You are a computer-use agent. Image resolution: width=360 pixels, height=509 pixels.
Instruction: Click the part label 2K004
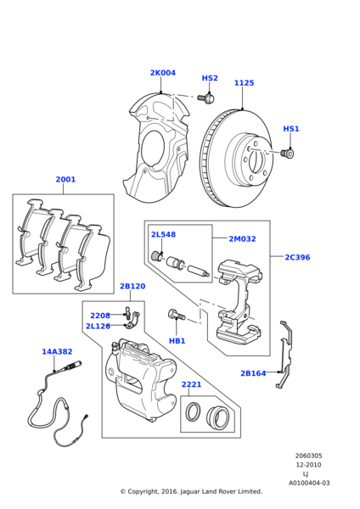(x=162, y=73)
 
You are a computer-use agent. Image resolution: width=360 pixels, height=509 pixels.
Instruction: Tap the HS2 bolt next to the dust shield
(x=206, y=98)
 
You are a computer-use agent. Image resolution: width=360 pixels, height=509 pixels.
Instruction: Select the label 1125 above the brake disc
(x=244, y=83)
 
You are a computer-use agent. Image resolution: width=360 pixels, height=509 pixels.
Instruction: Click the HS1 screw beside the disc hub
(x=287, y=154)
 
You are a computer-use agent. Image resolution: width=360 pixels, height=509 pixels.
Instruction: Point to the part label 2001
(x=65, y=179)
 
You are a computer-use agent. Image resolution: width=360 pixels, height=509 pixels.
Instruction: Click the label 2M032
(x=242, y=238)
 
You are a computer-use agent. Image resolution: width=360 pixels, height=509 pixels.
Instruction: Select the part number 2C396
(x=297, y=257)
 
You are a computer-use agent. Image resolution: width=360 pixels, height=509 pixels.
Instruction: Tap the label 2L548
(x=163, y=234)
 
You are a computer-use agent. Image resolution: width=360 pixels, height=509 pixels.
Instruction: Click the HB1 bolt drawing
(x=177, y=315)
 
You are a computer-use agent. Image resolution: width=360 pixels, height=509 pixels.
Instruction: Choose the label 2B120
(x=132, y=286)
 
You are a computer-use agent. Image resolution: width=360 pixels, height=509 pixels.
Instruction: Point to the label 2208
(x=100, y=316)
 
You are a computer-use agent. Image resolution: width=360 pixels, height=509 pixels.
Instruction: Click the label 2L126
(x=98, y=326)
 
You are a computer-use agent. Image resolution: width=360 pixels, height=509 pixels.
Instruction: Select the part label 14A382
(x=57, y=351)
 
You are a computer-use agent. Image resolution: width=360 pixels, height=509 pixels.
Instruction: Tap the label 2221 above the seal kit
(x=191, y=384)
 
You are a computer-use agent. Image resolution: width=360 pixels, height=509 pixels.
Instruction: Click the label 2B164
(x=253, y=373)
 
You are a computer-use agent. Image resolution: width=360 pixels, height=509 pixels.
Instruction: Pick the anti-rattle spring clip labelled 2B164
(x=286, y=354)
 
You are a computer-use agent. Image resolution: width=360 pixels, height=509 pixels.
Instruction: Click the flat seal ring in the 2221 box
(x=193, y=411)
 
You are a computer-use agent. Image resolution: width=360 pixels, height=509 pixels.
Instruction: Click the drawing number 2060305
(x=308, y=456)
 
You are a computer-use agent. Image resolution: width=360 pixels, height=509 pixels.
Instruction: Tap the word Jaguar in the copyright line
(x=189, y=491)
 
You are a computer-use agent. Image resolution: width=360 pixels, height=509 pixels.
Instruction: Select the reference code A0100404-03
(x=309, y=483)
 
